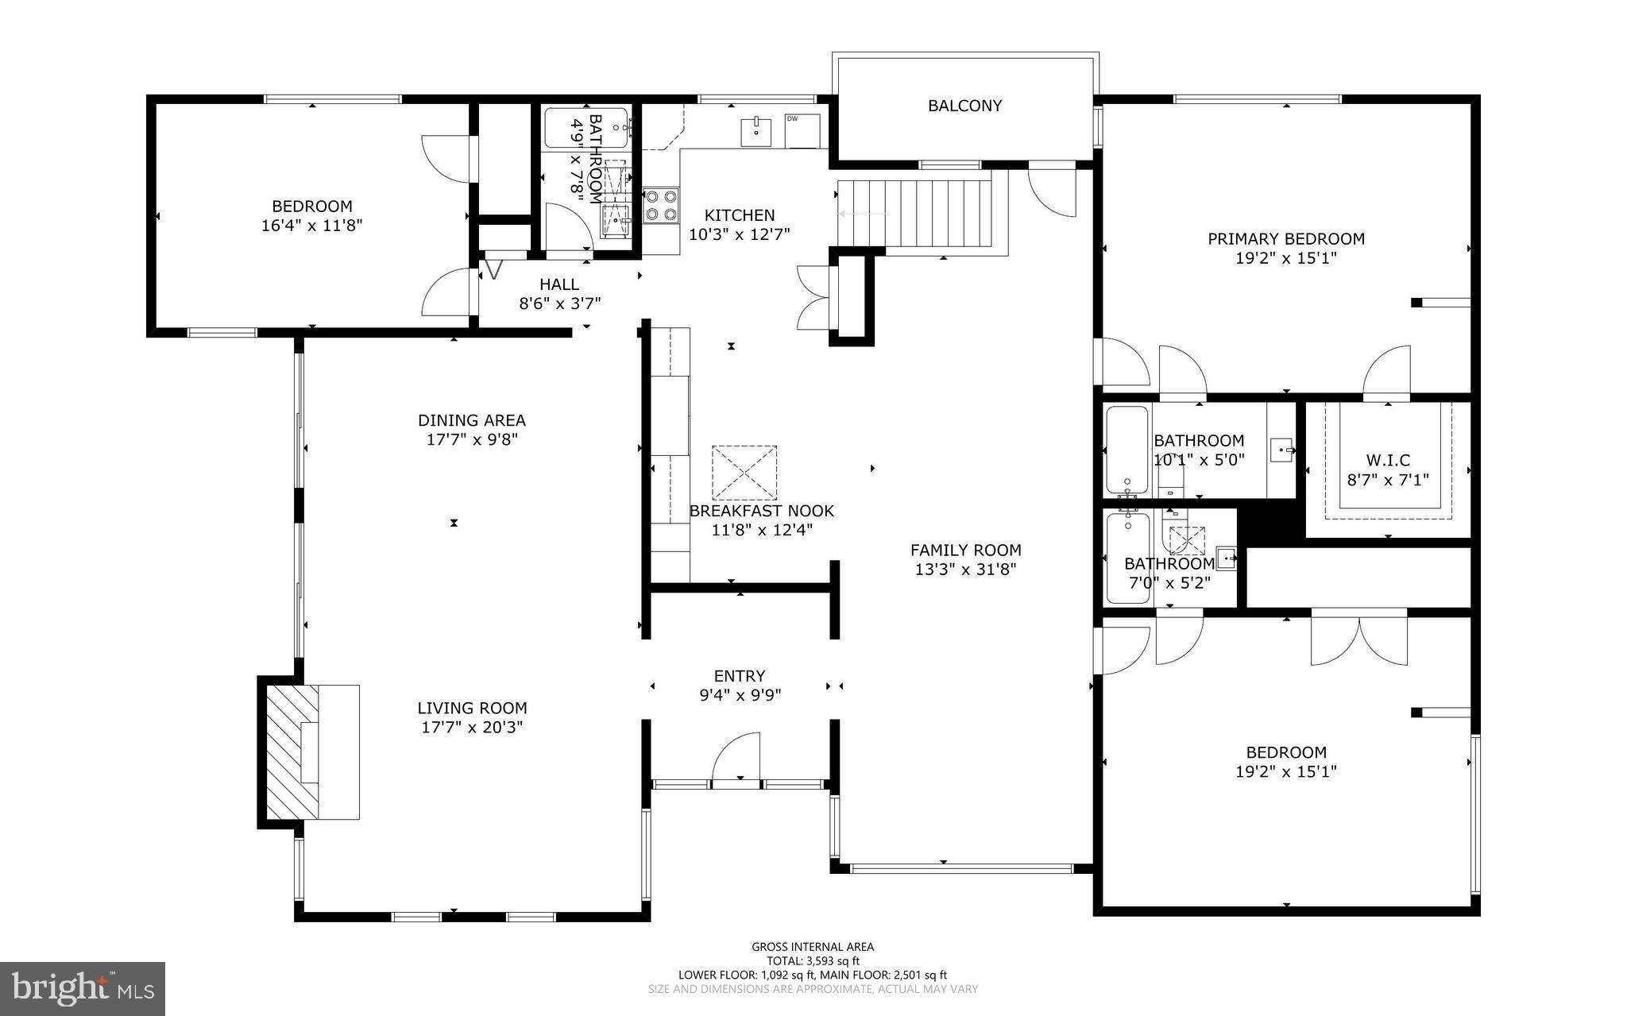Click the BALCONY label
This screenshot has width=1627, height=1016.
(964, 106)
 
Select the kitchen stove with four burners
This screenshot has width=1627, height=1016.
(661, 204)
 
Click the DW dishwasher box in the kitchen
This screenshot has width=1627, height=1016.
(802, 131)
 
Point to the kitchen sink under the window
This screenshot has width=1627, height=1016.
(756, 132)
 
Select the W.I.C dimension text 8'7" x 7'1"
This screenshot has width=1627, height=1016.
(1388, 479)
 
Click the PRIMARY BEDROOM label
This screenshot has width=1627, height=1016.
(1285, 238)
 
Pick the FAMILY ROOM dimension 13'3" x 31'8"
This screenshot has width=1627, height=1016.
(965, 569)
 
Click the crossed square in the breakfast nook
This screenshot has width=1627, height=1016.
(744, 473)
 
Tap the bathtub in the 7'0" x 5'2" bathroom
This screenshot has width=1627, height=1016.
(1128, 558)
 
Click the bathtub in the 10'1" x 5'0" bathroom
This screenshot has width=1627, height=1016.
(1127, 450)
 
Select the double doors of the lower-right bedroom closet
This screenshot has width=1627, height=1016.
(1359, 639)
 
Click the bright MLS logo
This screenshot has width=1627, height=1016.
(83, 988)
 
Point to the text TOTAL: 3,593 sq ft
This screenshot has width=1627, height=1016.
(812, 960)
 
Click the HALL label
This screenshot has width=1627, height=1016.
(559, 284)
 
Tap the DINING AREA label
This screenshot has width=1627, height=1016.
(472, 420)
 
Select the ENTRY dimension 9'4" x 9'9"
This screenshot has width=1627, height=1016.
(740, 695)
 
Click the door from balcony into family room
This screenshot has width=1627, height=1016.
(1053, 189)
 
